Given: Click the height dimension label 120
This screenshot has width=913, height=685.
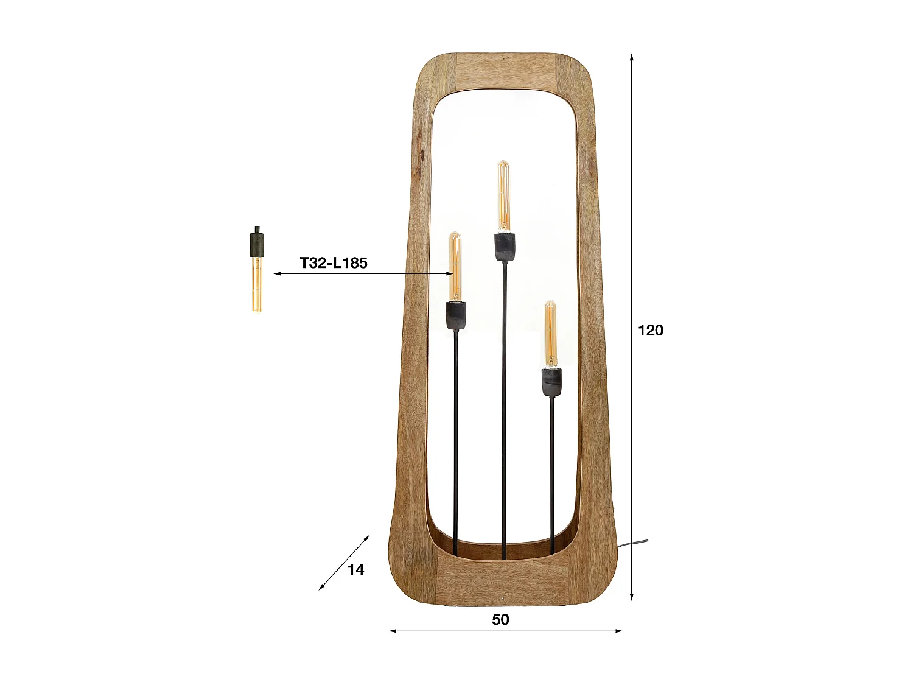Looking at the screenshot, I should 650,331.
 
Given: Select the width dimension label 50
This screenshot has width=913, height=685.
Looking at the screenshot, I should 500,619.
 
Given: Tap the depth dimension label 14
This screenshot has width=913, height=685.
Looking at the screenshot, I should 355,569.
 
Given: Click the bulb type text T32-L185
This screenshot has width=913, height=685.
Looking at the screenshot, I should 334,263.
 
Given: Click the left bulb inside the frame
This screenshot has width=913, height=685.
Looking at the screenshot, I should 455,265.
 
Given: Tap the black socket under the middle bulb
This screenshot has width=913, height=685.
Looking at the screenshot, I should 504,247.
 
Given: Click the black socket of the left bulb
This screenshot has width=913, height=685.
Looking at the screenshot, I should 455,315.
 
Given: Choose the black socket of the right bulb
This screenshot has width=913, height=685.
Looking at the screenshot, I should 551,382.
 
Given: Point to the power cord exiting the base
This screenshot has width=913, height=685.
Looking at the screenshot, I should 633,543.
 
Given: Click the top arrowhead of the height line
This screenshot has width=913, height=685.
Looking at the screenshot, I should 632,57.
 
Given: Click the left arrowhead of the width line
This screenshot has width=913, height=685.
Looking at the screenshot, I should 393,631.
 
